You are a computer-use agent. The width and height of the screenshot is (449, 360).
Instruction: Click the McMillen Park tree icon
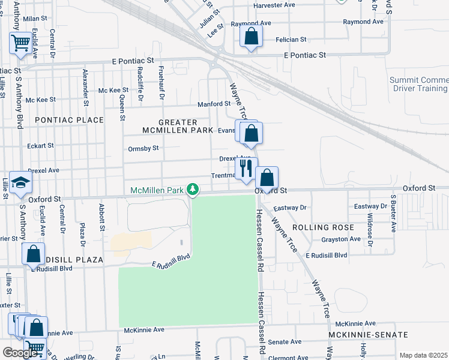click(x=193, y=190)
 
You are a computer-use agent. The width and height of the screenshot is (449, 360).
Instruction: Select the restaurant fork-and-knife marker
click(x=246, y=168)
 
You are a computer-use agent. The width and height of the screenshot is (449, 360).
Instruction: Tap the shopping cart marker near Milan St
click(x=20, y=43)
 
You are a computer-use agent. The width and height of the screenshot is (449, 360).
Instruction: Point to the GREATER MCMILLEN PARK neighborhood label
click(x=179, y=125)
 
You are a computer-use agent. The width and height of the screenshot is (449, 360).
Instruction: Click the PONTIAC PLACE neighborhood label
click(x=70, y=120)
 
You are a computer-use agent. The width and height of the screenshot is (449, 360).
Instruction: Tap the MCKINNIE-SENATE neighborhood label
click(x=369, y=334)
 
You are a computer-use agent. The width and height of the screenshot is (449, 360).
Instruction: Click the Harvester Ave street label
click(x=274, y=5)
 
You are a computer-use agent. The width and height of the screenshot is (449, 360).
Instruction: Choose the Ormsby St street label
click(x=143, y=148)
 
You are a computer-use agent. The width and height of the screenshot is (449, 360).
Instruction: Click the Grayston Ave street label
click(x=341, y=239)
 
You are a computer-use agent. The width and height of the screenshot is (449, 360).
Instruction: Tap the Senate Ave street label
click(x=285, y=341)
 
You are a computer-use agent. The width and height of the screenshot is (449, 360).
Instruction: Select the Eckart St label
click(x=40, y=146)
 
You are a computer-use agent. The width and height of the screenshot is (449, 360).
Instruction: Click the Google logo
click(x=20, y=353)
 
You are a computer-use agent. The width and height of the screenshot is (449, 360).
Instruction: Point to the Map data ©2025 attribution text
click(x=423, y=355)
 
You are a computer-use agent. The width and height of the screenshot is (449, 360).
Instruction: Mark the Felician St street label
click(x=291, y=40)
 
